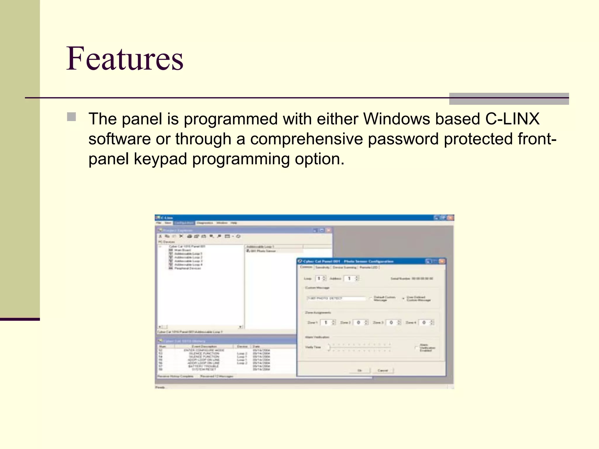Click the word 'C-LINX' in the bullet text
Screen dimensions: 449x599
(512, 119)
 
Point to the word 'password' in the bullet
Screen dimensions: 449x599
(403, 139)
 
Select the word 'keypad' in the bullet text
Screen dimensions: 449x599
(160, 159)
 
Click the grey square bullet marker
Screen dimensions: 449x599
(71, 117)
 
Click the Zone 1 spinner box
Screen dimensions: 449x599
(328, 322)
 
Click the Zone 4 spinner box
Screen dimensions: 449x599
(426, 322)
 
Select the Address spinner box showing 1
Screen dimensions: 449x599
(351, 279)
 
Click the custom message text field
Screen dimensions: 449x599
(336, 298)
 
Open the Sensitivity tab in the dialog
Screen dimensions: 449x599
(323, 267)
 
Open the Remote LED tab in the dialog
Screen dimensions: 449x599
(369, 267)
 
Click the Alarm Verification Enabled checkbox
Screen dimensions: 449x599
(416, 348)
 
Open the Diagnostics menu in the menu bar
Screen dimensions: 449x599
(205, 223)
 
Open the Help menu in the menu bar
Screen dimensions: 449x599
(234, 223)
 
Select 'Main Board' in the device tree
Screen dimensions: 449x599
(183, 250)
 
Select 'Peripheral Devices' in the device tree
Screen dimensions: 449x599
(187, 268)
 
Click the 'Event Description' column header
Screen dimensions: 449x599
(204, 346)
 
